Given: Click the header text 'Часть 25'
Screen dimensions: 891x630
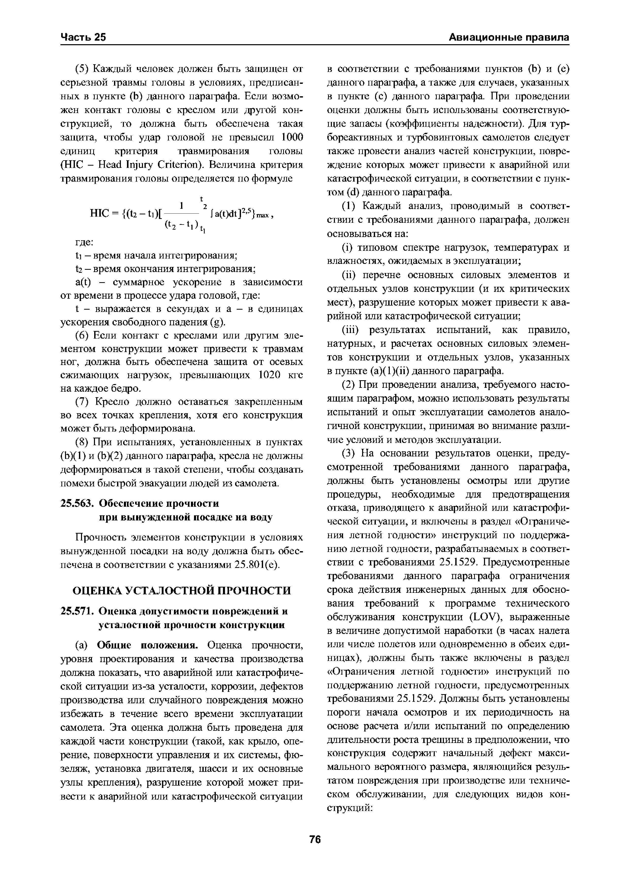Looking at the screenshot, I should point(83,37).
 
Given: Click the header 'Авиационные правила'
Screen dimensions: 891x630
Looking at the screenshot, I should point(509,37).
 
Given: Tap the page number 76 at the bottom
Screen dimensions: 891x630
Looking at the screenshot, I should point(315,839).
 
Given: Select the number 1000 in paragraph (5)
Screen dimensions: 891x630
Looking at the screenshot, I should point(292,137).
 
